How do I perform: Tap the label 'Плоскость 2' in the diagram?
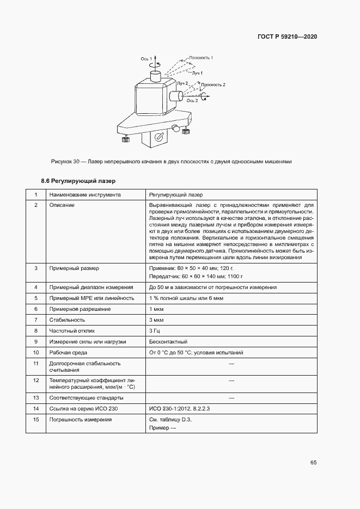coord(213,85)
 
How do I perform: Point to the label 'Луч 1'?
coord(197,72)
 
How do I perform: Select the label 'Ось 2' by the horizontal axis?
coord(192,101)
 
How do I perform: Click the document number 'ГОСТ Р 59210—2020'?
coord(287,37)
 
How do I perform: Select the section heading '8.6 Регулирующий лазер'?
coord(79,180)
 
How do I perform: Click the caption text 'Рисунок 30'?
coord(65,161)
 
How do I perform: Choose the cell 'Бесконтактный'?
coord(168,341)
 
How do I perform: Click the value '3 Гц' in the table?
coord(155,330)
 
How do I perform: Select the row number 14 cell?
coord(36,408)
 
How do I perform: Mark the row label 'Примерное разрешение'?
coord(80,309)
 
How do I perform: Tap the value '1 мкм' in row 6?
coord(156,309)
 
